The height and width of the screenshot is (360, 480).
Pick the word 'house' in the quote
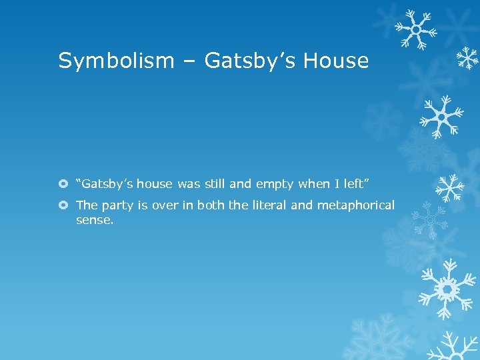(155, 184)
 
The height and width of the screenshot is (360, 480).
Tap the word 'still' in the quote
(213, 184)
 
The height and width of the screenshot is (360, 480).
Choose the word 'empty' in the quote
(275, 185)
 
